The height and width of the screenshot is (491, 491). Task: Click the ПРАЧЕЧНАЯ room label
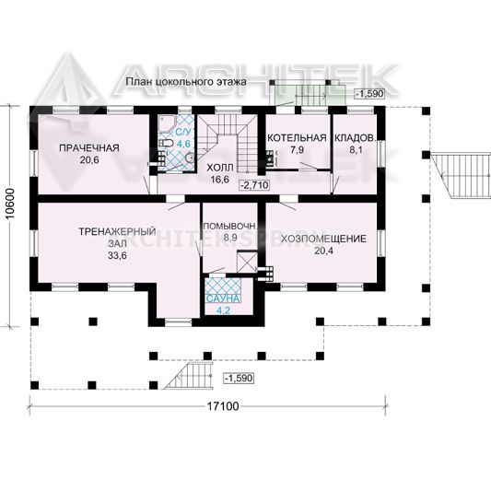pyautogui.click(x=89, y=147)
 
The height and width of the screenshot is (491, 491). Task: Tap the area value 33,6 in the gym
pyautogui.click(x=117, y=255)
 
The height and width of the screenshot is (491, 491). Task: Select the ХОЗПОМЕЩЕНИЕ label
pyautogui.click(x=323, y=239)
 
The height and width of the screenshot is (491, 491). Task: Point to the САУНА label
pyautogui.click(x=223, y=298)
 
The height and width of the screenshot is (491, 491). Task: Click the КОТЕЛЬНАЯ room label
pyautogui.click(x=297, y=138)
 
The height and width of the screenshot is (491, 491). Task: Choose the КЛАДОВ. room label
pyautogui.click(x=355, y=138)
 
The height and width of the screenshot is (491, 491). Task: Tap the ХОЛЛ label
pyautogui.click(x=220, y=168)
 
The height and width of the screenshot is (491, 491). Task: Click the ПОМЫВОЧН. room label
pyautogui.click(x=230, y=226)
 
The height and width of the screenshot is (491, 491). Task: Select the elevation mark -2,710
pyautogui.click(x=254, y=185)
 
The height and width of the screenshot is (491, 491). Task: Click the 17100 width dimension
pyautogui.click(x=223, y=406)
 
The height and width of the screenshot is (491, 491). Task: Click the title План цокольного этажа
pyautogui.click(x=186, y=82)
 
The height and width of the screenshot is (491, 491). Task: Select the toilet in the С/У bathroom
pyautogui.click(x=166, y=144)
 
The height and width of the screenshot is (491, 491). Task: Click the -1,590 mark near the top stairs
pyautogui.click(x=369, y=93)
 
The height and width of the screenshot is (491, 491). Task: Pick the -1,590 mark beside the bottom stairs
pyautogui.click(x=239, y=379)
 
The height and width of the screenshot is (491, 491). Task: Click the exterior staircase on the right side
pyautogui.click(x=461, y=175)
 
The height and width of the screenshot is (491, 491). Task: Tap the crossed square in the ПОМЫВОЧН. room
pyautogui.click(x=247, y=262)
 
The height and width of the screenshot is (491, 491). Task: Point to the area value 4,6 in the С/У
pyautogui.click(x=183, y=144)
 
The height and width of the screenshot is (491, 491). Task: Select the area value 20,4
pyautogui.click(x=323, y=251)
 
